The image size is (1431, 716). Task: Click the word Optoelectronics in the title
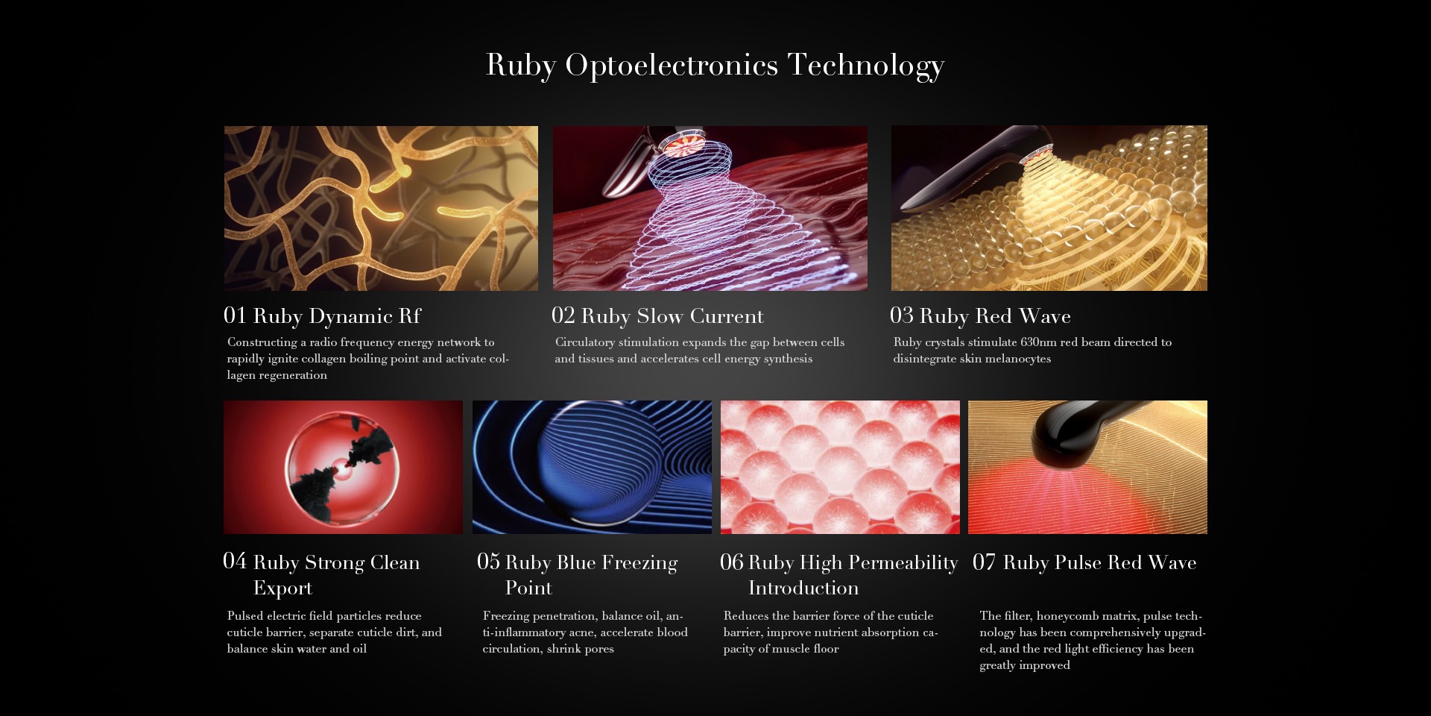[x=672, y=66]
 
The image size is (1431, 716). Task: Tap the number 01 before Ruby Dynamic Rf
[x=235, y=315]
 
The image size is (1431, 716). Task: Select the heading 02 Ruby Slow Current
[x=657, y=316]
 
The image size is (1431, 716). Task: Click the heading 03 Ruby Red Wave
[x=980, y=316]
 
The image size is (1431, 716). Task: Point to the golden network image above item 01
[x=381, y=208]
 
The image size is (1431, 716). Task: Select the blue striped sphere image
[x=592, y=467]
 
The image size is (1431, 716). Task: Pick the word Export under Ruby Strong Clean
[x=282, y=588]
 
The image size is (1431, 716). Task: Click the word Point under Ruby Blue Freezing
[x=528, y=588]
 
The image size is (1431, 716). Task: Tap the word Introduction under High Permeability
[x=803, y=588]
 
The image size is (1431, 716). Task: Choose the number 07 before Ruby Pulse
[x=984, y=562]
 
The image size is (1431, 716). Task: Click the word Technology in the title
[x=866, y=66]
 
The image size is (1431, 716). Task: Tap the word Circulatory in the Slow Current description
[x=585, y=342]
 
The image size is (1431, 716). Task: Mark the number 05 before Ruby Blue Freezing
[x=488, y=562]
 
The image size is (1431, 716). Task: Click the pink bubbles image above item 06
[x=840, y=467]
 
